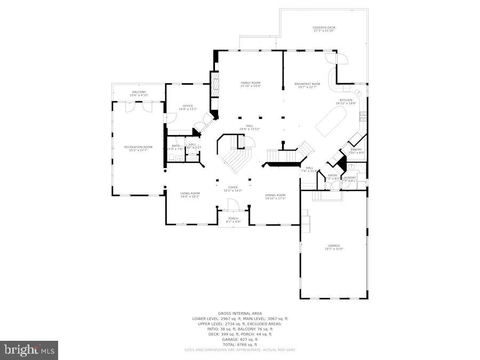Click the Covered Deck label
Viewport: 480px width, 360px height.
point(323,29)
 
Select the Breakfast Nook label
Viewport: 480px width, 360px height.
point(307,85)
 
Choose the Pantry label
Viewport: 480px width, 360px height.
point(356,151)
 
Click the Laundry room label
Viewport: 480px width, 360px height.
point(349,179)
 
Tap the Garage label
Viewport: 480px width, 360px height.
point(334,247)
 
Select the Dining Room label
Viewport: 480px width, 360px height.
point(275,196)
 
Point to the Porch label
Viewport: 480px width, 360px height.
point(233,219)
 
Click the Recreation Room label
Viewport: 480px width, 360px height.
point(138,148)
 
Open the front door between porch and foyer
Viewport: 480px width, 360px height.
point(233,205)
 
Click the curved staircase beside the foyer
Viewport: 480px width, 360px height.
point(234,155)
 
